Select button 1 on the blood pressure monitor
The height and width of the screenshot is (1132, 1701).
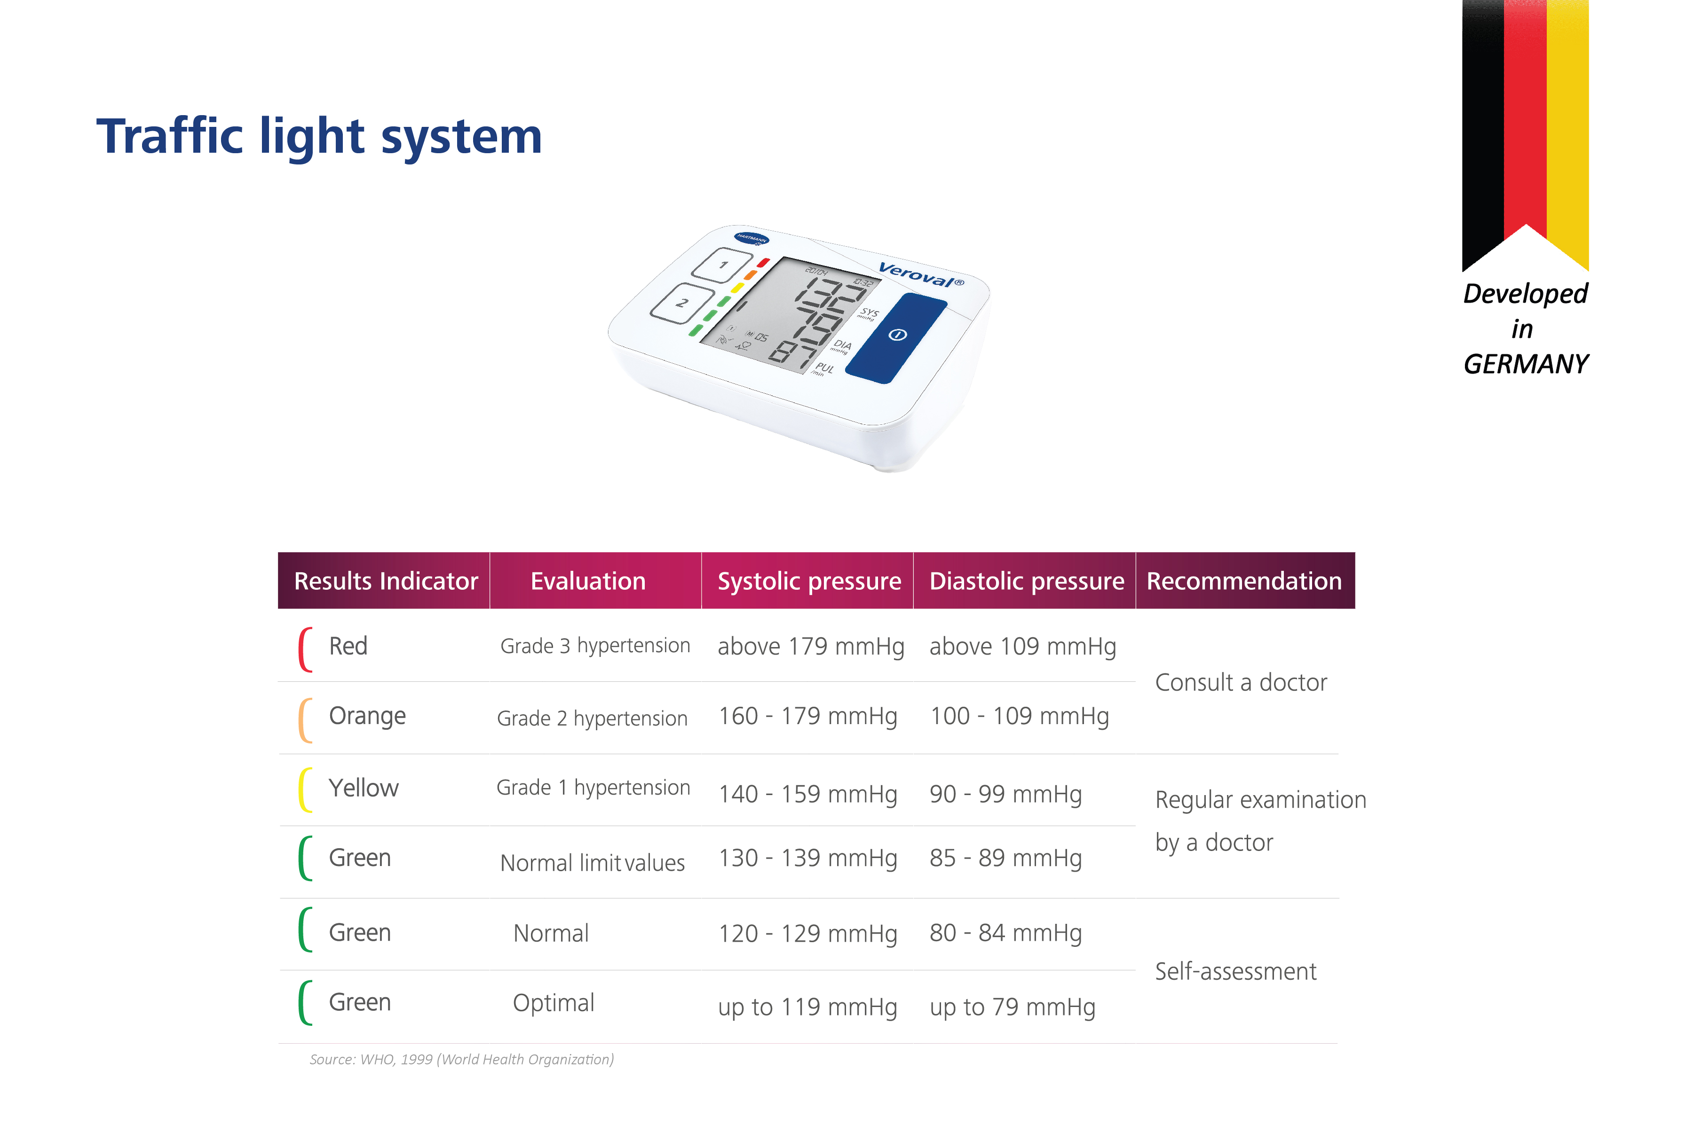click(x=721, y=265)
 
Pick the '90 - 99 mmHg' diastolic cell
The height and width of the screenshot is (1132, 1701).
click(x=1005, y=794)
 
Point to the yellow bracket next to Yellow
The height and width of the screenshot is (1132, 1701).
click(x=304, y=790)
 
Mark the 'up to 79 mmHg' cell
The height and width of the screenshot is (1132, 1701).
click(x=1012, y=1007)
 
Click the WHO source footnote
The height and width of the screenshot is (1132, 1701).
click(x=461, y=1059)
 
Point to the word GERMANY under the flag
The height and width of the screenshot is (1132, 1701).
click(x=1526, y=364)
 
